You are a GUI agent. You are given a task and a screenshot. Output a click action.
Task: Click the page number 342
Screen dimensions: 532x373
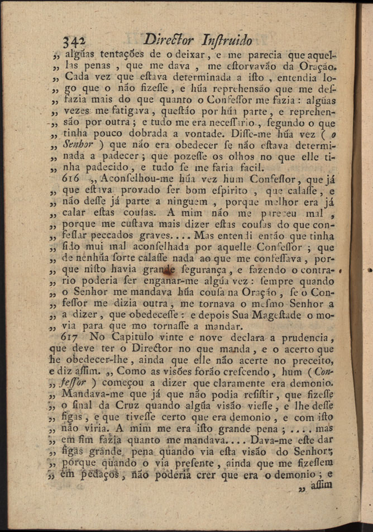[73, 41]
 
